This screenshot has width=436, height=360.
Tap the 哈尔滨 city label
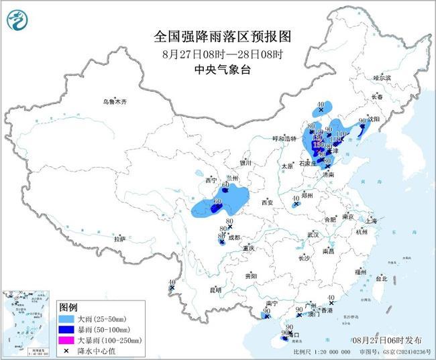(x=382, y=78)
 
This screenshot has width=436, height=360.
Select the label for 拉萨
(x=120, y=239)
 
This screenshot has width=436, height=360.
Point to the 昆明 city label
(x=215, y=290)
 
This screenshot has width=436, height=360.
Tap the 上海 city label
(x=370, y=220)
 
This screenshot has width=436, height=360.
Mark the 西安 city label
(x=268, y=202)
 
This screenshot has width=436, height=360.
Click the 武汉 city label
(x=313, y=235)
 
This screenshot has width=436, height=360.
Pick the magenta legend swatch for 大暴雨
(x=66, y=341)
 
